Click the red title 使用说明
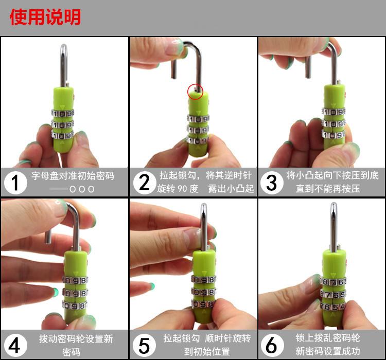pyautogui.click(x=45, y=17)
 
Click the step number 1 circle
pyautogui.click(x=15, y=183)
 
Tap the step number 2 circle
pyautogui.click(x=145, y=183)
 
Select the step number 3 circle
pyautogui.click(x=272, y=183)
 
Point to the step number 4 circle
pyautogui.click(x=15, y=345)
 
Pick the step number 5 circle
pyautogui.click(x=145, y=345)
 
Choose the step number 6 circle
pyautogui.click(x=272, y=345)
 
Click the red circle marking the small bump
pyautogui.click(x=195, y=92)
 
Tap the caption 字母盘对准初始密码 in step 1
pyautogui.click(x=73, y=176)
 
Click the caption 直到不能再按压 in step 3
pyautogui.click(x=328, y=189)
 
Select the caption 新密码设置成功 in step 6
pyautogui.click(x=328, y=351)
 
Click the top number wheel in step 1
pyautogui.click(x=62, y=113)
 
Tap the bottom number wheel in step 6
pyautogui.click(x=333, y=307)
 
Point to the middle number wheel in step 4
pyautogui.click(x=75, y=293)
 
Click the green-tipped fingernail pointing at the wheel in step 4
pyautogui.click(x=56, y=292)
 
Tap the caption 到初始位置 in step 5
pyautogui.click(x=207, y=351)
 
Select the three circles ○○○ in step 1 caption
pyautogui.click(x=82, y=189)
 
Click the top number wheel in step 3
pyautogui.click(x=334, y=112)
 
